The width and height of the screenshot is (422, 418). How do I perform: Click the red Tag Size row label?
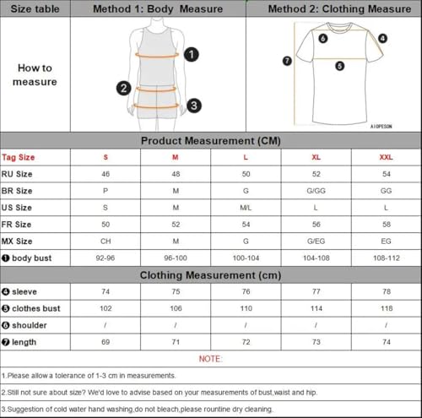coord(19,157)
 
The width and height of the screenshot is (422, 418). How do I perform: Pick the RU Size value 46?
coord(105,173)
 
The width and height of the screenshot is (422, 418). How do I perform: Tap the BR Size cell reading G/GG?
coord(318,190)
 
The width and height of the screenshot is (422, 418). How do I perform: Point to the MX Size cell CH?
coord(105,240)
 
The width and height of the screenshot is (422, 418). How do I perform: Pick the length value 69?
coord(105,341)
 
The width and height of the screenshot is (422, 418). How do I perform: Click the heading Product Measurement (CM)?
coord(210,141)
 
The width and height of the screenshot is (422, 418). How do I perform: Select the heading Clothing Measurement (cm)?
coord(210,274)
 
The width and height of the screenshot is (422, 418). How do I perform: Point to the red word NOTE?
coord(210,358)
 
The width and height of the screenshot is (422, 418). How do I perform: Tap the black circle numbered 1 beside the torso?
coord(192,55)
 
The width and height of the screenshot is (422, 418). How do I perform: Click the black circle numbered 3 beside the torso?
coord(194,106)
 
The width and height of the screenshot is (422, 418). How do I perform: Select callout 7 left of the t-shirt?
coord(287,61)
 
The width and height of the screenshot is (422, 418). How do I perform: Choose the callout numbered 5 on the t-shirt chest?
coord(339,65)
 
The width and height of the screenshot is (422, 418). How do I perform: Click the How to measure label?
coord(35,74)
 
